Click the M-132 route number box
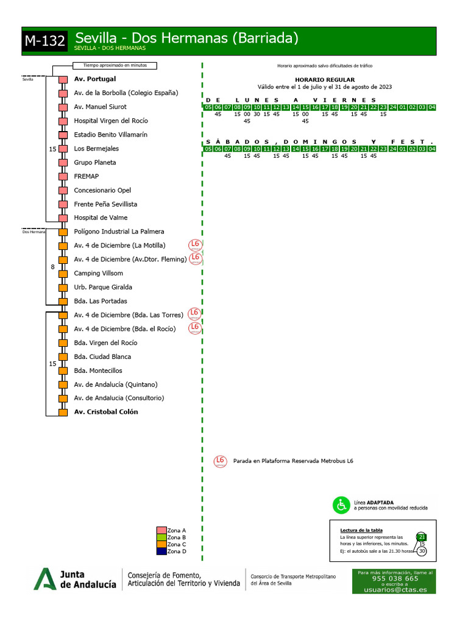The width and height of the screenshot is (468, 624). click(x=45, y=41)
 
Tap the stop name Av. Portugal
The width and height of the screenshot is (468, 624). click(x=94, y=79)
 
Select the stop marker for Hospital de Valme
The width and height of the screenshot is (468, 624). click(x=63, y=218)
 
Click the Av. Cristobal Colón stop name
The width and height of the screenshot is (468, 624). click(x=105, y=412)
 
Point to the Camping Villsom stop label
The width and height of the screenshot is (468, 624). click(x=98, y=274)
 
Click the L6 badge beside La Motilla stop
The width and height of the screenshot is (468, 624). click(x=195, y=245)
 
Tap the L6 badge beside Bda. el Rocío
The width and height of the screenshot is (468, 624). click(x=195, y=328)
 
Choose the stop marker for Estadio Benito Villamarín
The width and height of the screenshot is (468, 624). click(x=63, y=135)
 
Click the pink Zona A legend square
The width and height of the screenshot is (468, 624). click(x=161, y=530)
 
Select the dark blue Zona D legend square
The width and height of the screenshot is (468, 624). click(x=161, y=551)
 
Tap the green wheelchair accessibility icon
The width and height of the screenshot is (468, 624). click(x=341, y=505)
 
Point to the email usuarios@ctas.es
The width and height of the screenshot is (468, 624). click(x=395, y=590)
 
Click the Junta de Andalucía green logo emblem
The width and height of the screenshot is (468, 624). click(x=44, y=579)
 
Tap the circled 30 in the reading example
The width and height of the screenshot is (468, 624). click(x=422, y=551)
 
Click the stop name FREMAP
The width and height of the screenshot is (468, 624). click(x=87, y=177)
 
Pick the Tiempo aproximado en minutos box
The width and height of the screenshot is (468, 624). click(x=115, y=66)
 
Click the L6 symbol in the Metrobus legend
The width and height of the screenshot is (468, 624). click(x=220, y=461)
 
